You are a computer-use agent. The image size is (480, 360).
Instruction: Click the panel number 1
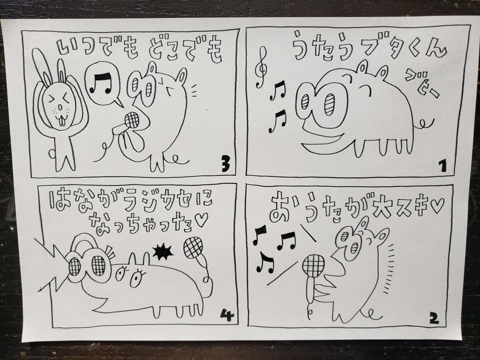pos(442,166)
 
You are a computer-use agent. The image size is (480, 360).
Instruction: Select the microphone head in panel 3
pos(132,120)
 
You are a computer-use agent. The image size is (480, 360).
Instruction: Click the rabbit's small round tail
pos(52,153)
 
